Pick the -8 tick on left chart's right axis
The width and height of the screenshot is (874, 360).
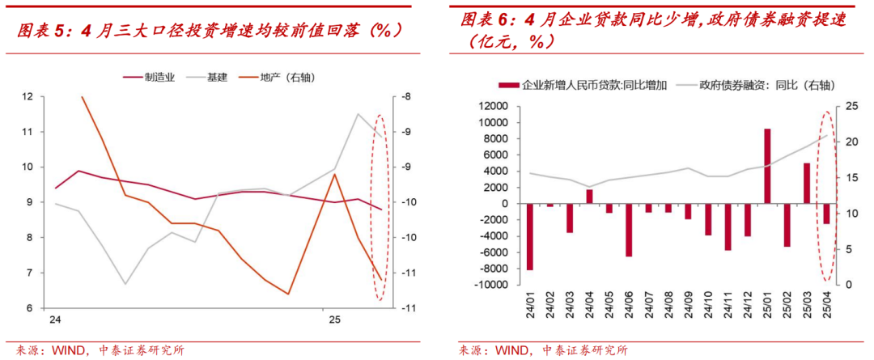pos(404,96)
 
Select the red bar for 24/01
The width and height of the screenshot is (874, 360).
pos(530,236)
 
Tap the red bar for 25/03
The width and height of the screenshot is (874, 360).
pos(807,183)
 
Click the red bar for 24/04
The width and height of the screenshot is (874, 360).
pos(589,196)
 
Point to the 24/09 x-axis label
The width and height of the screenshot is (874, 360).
pos(689,306)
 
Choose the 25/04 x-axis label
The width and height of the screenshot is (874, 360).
pos(826,306)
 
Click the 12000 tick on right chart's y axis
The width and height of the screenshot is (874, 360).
pos(491,106)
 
